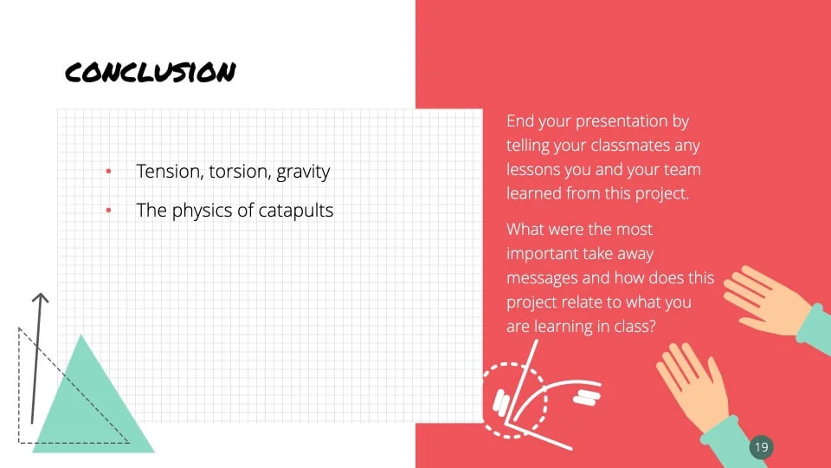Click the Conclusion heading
pos(151,72)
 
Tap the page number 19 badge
pos(762,447)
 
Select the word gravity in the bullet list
pos(303,172)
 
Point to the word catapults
pos(296,211)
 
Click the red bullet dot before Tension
pos(108,171)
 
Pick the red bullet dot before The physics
pos(108,210)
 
